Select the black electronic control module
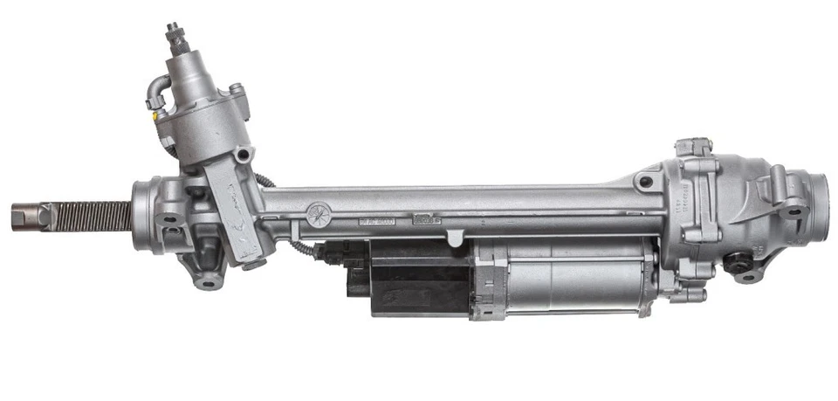point(410,278)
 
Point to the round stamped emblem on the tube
point(318,212)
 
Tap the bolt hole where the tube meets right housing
point(645,183)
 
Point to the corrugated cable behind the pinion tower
point(265,180)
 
